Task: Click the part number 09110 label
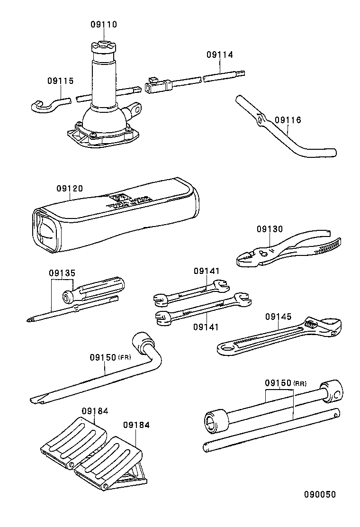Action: click(x=103, y=25)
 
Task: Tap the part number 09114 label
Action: click(x=219, y=55)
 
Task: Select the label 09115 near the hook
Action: click(x=60, y=81)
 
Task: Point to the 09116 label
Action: click(x=288, y=120)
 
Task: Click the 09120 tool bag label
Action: click(x=70, y=189)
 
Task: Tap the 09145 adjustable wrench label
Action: click(x=278, y=317)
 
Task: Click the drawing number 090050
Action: click(x=320, y=494)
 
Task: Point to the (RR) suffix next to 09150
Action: click(x=300, y=383)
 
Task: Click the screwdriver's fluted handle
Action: click(x=102, y=286)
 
